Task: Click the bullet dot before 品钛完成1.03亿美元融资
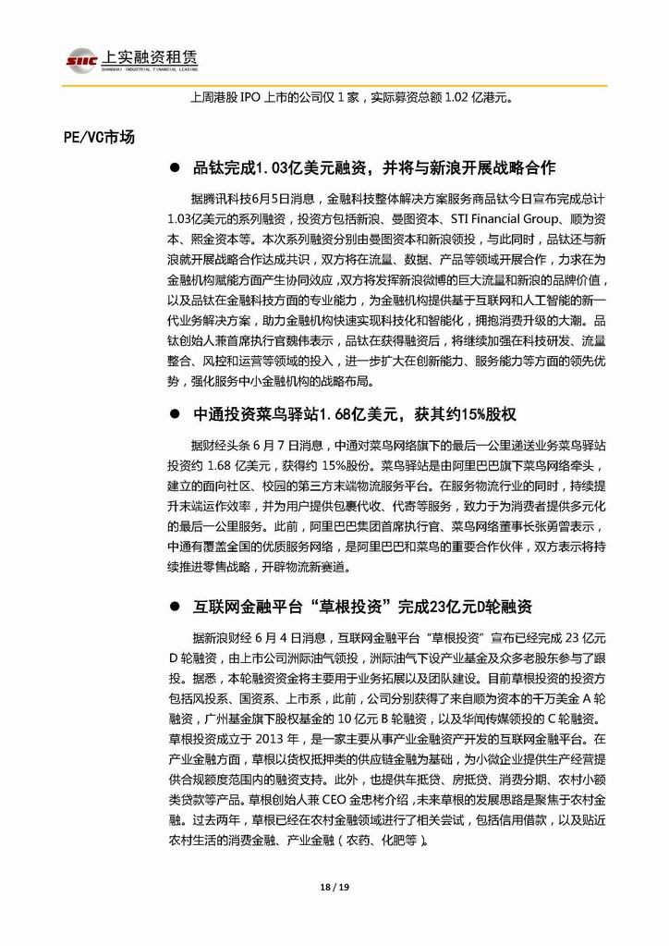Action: click(x=174, y=168)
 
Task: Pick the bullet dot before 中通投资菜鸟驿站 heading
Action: click(x=174, y=404)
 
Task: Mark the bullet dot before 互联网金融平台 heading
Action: click(x=174, y=608)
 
